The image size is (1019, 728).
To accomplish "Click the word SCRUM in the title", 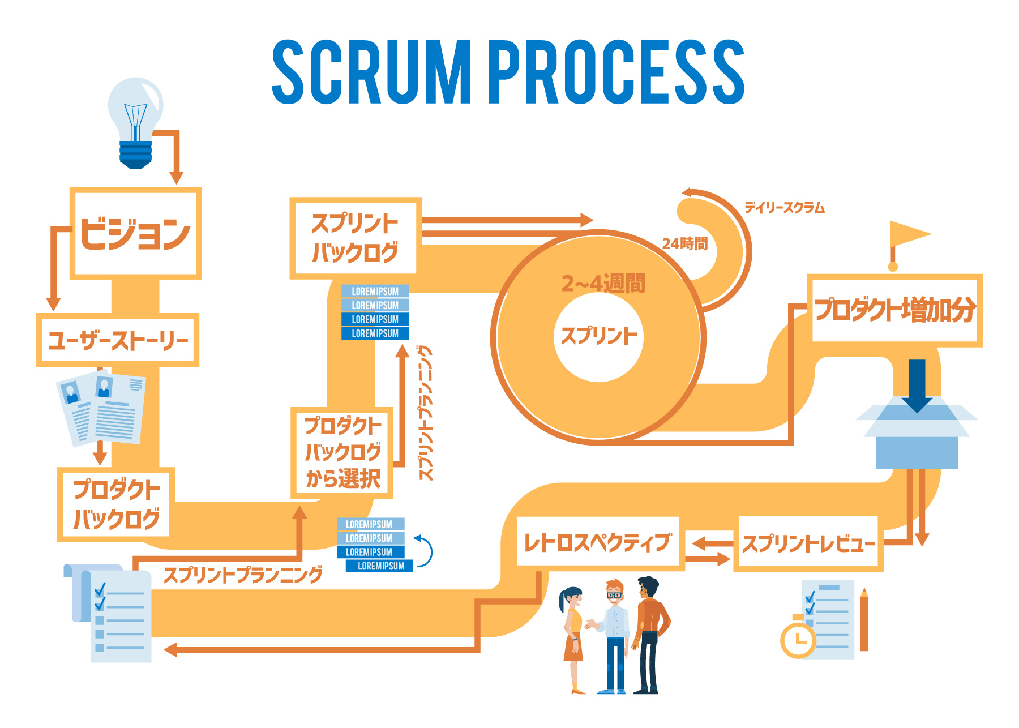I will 371,72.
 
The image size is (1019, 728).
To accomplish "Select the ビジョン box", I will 136,233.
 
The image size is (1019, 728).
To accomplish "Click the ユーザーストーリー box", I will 118,340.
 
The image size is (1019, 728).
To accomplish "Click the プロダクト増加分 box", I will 894,310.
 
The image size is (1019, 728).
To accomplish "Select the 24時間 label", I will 685,244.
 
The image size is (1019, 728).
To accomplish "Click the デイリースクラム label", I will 785,208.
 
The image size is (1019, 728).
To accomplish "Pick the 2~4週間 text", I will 603,283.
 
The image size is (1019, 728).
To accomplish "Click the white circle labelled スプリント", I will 598,337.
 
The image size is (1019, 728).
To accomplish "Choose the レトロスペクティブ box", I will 598,542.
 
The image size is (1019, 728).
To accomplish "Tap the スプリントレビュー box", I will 808,543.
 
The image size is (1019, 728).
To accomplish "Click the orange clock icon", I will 798,640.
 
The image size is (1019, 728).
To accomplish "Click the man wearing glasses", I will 614,634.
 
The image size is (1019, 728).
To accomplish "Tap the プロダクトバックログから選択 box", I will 342,452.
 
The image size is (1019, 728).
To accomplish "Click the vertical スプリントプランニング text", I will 426,413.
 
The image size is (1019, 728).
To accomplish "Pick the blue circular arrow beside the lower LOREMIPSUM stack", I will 425,550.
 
